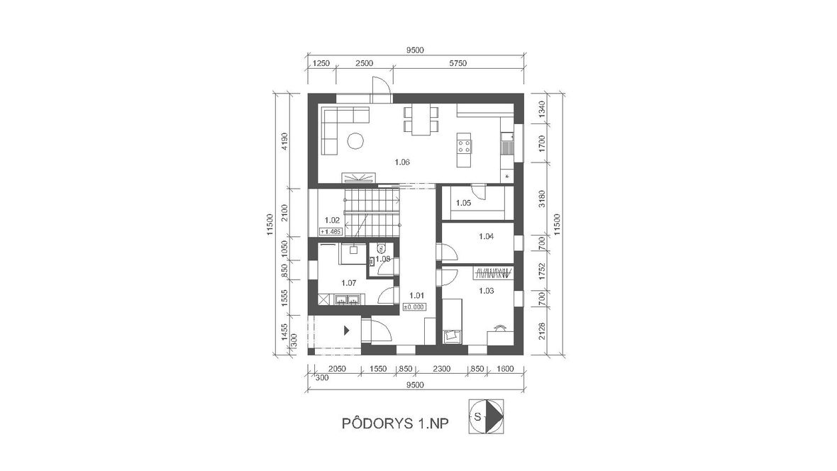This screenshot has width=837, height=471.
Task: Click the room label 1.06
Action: [x=402, y=162]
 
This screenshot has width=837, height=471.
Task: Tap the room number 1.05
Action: [x=463, y=203]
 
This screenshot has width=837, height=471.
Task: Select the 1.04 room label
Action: [x=487, y=236]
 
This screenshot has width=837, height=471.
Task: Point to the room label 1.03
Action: [x=487, y=291]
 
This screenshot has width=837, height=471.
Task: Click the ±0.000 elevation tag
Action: [x=414, y=307]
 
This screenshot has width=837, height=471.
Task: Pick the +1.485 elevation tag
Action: [x=331, y=231]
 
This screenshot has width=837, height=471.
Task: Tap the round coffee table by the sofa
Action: [x=355, y=141]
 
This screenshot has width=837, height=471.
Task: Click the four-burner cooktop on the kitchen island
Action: [x=464, y=146]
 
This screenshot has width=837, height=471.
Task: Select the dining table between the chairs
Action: [x=421, y=120]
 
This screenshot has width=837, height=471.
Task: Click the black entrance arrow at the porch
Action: [x=346, y=331]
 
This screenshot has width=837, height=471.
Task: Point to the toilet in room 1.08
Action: [x=381, y=248]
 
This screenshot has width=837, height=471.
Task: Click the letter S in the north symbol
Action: [x=478, y=416]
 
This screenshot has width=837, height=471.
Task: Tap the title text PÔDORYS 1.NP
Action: [x=395, y=423]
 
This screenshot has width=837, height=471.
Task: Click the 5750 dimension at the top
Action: [x=458, y=63]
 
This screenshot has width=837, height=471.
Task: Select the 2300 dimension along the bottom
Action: [x=441, y=368]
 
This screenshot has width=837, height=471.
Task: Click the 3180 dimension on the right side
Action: [x=542, y=199]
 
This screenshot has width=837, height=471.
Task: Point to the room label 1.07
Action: [x=348, y=283]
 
